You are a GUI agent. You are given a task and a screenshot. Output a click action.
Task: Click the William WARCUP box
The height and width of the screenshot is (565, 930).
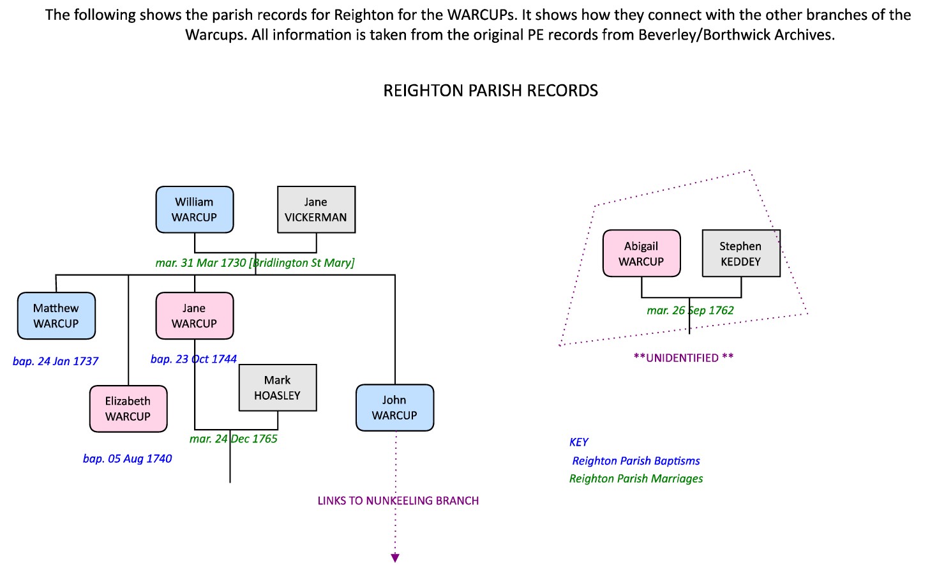click(x=195, y=209)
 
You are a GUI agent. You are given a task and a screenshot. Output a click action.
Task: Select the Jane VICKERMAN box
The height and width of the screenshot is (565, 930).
click(x=316, y=209)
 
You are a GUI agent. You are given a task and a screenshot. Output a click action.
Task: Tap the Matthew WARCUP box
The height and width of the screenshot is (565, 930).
click(x=56, y=315)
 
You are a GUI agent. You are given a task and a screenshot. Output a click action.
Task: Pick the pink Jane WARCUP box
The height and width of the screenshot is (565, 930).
click(x=195, y=315)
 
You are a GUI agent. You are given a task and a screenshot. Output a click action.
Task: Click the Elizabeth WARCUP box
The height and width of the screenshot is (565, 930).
click(x=128, y=409)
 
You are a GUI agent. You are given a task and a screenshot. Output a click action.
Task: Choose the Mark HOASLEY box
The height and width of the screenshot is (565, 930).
click(x=278, y=388)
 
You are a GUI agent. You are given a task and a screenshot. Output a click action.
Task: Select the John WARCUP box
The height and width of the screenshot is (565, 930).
click(x=394, y=407)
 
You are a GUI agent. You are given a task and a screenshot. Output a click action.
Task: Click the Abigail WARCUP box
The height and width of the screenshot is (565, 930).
click(x=641, y=253)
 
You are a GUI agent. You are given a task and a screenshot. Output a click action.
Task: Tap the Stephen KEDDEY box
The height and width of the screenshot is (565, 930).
click(x=740, y=253)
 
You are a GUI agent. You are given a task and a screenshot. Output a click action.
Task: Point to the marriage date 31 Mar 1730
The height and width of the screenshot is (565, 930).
click(x=255, y=263)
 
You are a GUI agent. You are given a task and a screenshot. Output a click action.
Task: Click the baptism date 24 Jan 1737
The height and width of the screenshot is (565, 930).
click(x=56, y=361)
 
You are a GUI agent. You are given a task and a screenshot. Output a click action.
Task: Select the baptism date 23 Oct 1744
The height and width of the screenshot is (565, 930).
click(x=193, y=359)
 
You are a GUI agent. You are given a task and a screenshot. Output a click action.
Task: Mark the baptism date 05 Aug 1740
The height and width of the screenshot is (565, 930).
click(x=127, y=458)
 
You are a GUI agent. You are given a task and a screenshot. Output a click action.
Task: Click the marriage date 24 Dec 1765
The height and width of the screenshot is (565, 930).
click(x=234, y=439)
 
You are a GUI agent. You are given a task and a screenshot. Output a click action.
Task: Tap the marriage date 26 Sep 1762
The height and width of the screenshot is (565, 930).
click(x=690, y=311)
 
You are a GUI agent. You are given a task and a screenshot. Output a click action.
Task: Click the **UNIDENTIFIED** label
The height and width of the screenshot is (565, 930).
click(x=683, y=358)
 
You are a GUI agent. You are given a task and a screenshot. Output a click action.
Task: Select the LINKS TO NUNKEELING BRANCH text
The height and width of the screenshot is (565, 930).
click(x=398, y=501)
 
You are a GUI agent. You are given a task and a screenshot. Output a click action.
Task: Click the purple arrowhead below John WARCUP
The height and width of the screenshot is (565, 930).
click(x=395, y=558)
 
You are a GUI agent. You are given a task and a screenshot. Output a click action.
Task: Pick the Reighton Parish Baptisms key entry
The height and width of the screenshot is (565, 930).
click(x=636, y=461)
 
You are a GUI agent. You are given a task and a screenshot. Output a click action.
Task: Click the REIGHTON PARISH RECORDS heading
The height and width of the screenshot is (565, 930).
click(x=490, y=91)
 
